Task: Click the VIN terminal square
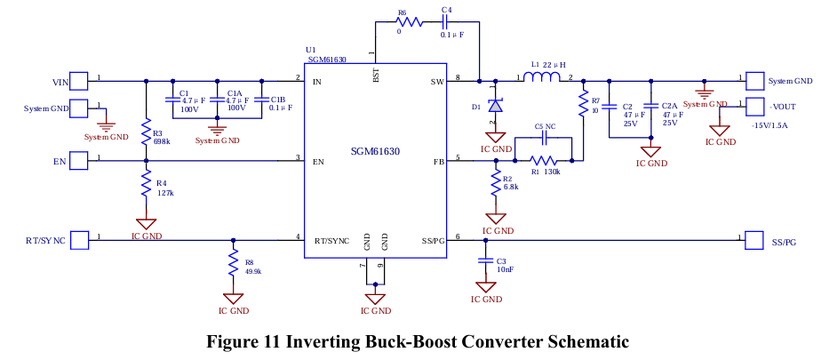point(80,82)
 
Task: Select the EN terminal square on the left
point(80,161)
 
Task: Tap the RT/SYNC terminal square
point(80,240)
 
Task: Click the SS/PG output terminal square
point(754,240)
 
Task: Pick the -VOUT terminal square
point(754,107)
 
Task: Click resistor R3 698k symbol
point(146,130)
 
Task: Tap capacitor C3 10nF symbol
point(485,261)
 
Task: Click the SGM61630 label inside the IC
point(373,152)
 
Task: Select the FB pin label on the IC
point(438,161)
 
